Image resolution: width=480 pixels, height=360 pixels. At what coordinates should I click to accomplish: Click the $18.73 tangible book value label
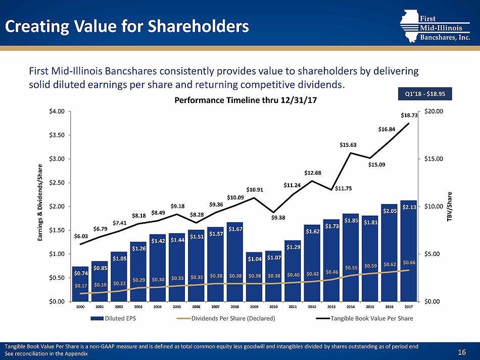(409, 116)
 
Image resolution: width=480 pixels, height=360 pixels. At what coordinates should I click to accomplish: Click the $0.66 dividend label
(409, 262)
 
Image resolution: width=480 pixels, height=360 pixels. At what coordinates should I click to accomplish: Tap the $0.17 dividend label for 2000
(80, 286)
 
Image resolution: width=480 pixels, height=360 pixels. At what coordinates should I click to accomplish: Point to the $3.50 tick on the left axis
(57, 135)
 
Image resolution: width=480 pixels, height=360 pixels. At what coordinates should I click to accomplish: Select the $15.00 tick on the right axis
(434, 159)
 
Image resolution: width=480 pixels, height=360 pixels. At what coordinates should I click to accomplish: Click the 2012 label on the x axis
(312, 306)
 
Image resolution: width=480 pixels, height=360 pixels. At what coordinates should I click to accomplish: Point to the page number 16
(461, 351)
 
